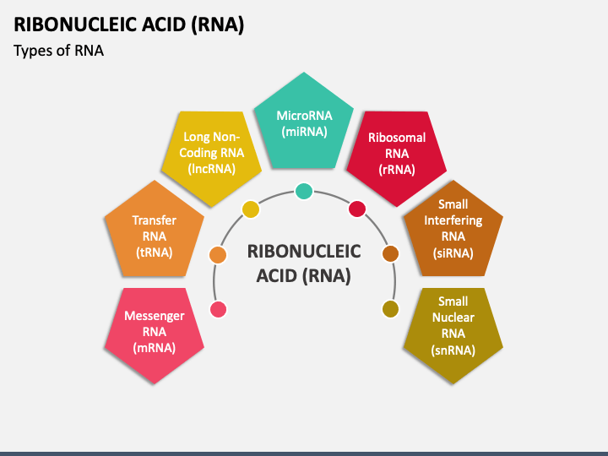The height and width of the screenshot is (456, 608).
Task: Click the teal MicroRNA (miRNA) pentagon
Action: (304, 124)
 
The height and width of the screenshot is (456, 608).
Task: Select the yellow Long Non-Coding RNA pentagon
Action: (211, 155)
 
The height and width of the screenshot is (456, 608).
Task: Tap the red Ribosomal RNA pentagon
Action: (397, 155)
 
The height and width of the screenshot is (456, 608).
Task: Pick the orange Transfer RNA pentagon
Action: (155, 233)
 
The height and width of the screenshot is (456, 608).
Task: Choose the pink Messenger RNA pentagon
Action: (155, 332)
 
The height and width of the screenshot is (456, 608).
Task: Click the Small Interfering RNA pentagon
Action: (453, 233)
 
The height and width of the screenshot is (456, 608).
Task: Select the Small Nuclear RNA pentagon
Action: (453, 332)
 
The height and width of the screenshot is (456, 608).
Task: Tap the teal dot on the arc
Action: (304, 191)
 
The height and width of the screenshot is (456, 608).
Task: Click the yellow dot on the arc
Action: (251, 209)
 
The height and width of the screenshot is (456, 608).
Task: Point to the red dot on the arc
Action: (357, 209)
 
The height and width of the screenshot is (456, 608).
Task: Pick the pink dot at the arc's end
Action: (219, 309)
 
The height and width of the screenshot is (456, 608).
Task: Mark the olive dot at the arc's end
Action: (390, 309)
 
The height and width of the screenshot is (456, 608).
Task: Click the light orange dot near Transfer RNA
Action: (218, 255)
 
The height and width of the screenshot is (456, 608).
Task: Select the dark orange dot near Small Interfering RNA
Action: (390, 253)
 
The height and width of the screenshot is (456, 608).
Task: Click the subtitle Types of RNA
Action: (58, 51)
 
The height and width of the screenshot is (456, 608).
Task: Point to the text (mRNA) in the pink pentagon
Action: (155, 348)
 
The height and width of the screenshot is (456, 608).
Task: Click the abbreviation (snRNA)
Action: (453, 350)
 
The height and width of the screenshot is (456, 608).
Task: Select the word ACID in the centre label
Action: (276, 275)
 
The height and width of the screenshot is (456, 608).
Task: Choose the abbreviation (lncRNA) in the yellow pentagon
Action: (212, 169)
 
